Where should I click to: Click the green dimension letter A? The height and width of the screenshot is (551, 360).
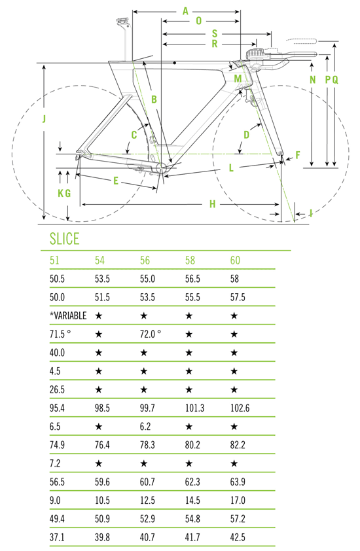pos(185,11)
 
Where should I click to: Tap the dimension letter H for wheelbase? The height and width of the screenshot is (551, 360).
pos(212,204)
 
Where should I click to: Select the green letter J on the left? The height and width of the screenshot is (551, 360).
pos(44,119)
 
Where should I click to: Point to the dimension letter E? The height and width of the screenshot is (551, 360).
pos(116,181)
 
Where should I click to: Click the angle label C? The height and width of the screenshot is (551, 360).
pos(134,135)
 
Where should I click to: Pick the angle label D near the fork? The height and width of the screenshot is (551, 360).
pos(247,135)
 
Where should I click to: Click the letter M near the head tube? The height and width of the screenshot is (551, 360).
pos(238,79)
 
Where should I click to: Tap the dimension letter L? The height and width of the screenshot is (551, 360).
pos(231,168)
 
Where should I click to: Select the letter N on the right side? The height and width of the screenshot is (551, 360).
pos(312,80)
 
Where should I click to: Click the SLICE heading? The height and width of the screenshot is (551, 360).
pos(65,239)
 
